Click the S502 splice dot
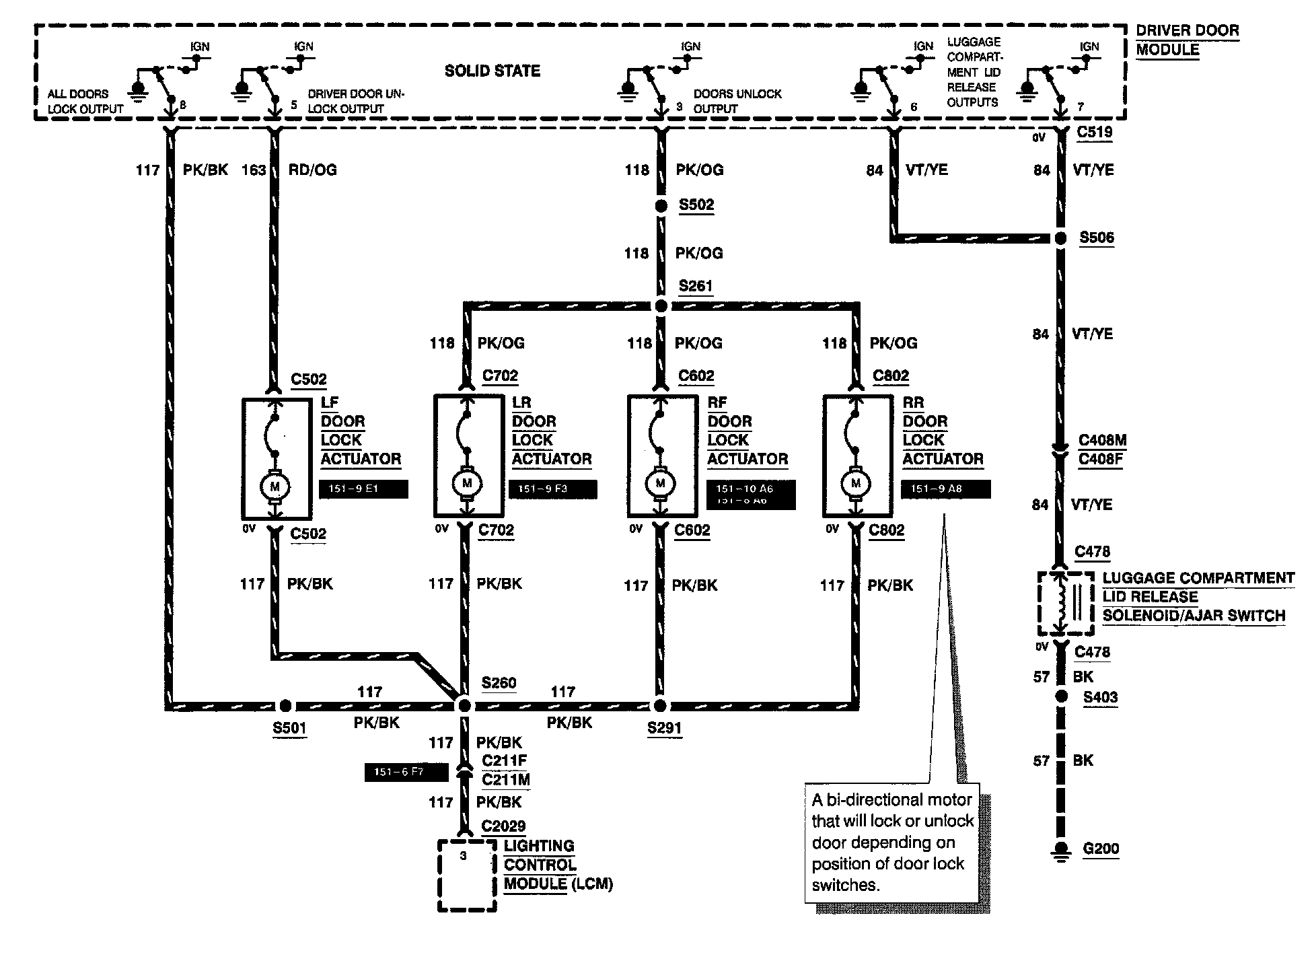point(661,206)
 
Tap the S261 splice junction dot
point(661,306)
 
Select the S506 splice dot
point(1060,238)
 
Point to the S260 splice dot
point(464,705)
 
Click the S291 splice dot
point(660,705)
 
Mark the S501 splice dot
point(285,705)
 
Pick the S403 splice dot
point(1061,696)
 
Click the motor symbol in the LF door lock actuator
point(275,486)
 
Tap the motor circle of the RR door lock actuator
point(855,483)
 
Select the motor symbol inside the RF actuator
point(659,483)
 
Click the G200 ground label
point(1101,849)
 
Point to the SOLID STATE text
point(493,71)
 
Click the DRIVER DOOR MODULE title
point(1187,40)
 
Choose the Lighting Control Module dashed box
point(467,875)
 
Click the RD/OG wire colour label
point(312,170)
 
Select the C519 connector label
point(1094,132)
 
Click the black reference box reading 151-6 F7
point(406,772)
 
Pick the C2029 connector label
point(503,826)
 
